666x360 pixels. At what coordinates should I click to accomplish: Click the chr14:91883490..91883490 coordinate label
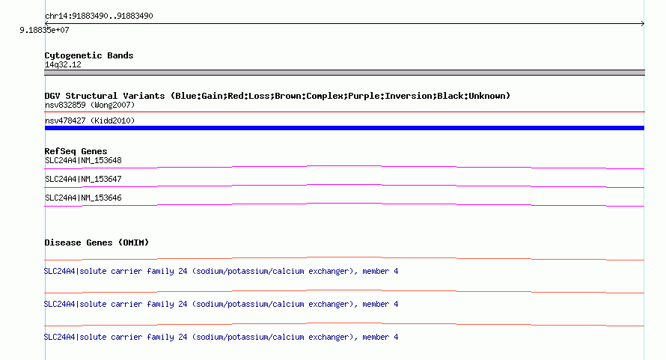pyautogui.click(x=99, y=16)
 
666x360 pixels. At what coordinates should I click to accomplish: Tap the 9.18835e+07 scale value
pyautogui.click(x=44, y=30)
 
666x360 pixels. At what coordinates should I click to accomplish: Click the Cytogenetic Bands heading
pyautogui.click(x=89, y=55)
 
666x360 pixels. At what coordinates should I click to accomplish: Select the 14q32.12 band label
pyautogui.click(x=63, y=64)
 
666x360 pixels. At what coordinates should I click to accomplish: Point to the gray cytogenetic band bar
pyautogui.click(x=344, y=73)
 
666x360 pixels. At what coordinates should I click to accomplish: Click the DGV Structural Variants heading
pyautogui.click(x=278, y=96)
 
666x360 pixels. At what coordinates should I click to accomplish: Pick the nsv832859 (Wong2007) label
pyautogui.click(x=90, y=105)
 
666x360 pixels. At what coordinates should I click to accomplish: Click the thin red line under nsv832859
pyautogui.click(x=344, y=112)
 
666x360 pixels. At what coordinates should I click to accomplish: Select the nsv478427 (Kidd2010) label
pyautogui.click(x=90, y=120)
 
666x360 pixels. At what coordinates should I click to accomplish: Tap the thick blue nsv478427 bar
pyautogui.click(x=344, y=128)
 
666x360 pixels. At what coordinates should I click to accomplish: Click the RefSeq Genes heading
pyautogui.click(x=76, y=151)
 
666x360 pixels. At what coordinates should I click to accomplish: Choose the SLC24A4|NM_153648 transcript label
pyautogui.click(x=83, y=161)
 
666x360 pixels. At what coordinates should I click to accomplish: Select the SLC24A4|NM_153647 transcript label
pyautogui.click(x=83, y=180)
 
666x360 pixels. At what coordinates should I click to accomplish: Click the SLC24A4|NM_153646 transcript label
pyautogui.click(x=83, y=198)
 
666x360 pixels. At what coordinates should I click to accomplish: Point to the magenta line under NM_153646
pyautogui.click(x=344, y=204)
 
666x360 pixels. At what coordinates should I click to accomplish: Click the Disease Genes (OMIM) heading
pyautogui.click(x=97, y=242)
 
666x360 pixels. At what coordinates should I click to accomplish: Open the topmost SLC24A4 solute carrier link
pyautogui.click(x=221, y=271)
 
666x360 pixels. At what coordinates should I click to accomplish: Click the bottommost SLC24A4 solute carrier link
pyautogui.click(x=221, y=337)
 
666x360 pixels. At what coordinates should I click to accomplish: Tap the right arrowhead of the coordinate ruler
pyautogui.click(x=643, y=24)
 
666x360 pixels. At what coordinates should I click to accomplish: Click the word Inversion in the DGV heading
pyautogui.click(x=366, y=96)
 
